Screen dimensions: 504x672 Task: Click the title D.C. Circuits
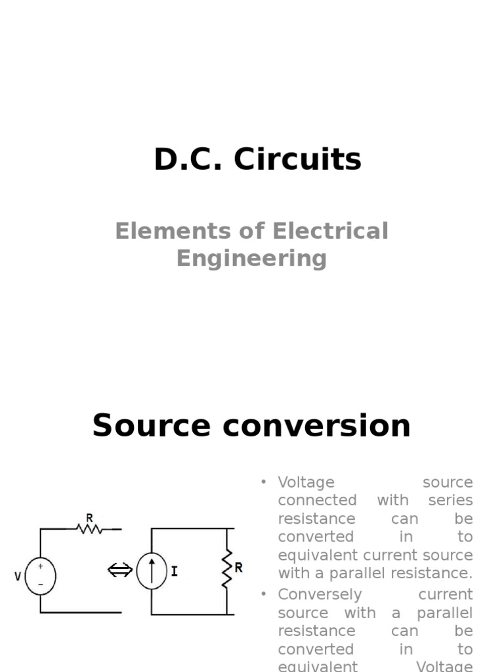(x=257, y=159)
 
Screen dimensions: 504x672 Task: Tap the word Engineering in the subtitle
(x=251, y=258)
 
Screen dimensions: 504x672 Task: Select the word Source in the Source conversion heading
(x=152, y=426)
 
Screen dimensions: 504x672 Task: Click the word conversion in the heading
(x=316, y=426)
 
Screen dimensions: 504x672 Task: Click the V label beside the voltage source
(x=18, y=576)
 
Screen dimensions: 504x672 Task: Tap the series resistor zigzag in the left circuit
(x=90, y=527)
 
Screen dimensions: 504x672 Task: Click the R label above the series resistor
(x=89, y=516)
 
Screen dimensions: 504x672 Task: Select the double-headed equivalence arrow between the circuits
(x=119, y=571)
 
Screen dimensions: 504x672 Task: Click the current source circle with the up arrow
(x=152, y=571)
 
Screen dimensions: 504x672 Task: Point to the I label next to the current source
(x=174, y=572)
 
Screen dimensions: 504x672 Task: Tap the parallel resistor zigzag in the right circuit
(x=227, y=570)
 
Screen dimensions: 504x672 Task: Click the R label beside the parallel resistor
(x=238, y=568)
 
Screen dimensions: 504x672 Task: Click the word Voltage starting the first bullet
(x=306, y=482)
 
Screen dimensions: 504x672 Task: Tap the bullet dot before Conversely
(x=264, y=594)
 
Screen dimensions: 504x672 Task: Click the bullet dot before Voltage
(x=264, y=482)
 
